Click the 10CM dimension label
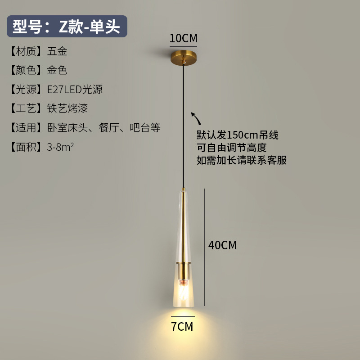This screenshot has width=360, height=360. [183, 38]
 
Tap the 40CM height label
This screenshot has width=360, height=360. [222, 245]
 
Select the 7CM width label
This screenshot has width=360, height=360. [182, 326]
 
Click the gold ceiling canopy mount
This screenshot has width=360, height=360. [183, 59]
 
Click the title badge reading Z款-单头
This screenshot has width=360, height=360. [67, 27]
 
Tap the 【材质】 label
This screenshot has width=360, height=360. [27, 51]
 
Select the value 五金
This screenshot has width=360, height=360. [57, 51]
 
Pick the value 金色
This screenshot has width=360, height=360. [57, 70]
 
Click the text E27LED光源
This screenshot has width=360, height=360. [75, 90]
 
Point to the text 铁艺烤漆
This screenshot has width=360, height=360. [67, 108]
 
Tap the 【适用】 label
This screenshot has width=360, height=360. [27, 128]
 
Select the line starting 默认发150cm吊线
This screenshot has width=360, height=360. [238, 135]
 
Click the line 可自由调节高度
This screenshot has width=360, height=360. [231, 148]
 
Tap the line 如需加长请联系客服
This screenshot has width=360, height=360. [242, 160]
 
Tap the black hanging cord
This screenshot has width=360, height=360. [183, 126]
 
